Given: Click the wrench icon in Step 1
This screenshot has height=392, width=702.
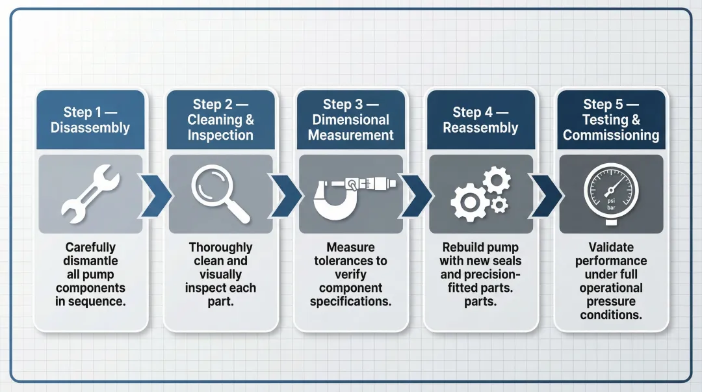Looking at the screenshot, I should [x=90, y=194].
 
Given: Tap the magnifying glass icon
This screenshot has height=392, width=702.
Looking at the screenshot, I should [x=219, y=192].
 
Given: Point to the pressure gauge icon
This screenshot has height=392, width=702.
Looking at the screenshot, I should [x=611, y=193].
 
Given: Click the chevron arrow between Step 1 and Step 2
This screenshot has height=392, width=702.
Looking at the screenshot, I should [x=156, y=194].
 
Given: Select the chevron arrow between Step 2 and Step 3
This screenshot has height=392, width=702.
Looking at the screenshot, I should [x=285, y=194].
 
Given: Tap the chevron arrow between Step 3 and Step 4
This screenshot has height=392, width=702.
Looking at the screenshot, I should [x=416, y=194].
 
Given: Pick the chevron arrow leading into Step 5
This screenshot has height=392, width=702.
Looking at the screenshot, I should [x=547, y=194].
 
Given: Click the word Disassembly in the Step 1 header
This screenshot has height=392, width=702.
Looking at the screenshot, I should [x=90, y=127].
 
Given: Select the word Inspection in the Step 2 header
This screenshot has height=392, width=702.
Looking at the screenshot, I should [x=220, y=135].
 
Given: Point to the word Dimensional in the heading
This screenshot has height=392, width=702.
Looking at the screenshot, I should [x=350, y=120].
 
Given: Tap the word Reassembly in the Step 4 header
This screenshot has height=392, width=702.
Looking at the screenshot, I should [x=480, y=127].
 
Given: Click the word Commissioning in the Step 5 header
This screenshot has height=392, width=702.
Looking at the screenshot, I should [x=611, y=135].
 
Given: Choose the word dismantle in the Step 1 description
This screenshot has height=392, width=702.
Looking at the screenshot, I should [x=90, y=261].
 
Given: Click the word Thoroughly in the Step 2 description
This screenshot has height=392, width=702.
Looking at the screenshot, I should [x=220, y=247].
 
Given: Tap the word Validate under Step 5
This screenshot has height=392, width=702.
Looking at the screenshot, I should [x=611, y=247].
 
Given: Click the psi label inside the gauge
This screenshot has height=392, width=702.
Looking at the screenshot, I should [x=611, y=201].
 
